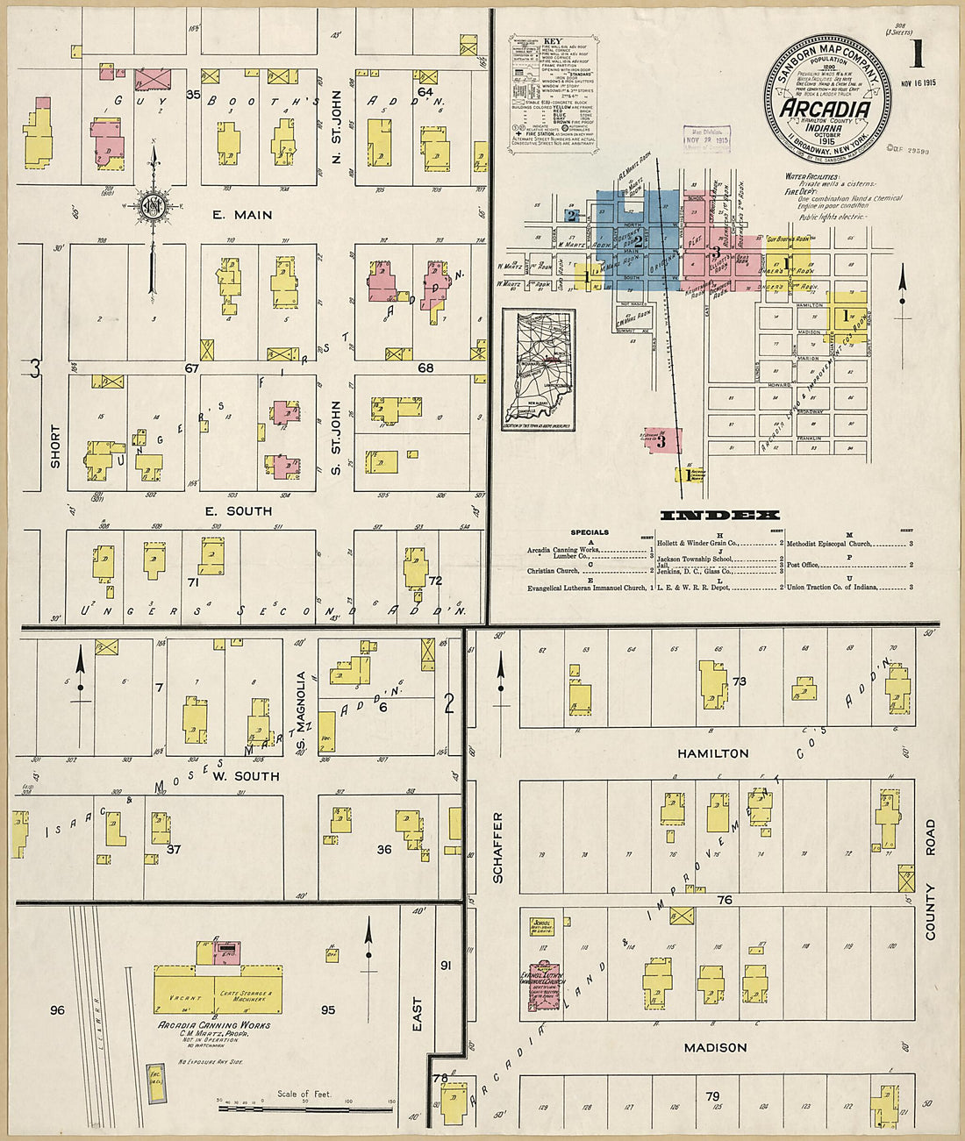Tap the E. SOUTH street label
pyautogui.click(x=238, y=511)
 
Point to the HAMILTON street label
pyautogui.click(x=713, y=753)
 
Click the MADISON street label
pyautogui.click(x=716, y=1048)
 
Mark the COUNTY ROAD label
pyautogui.click(x=930, y=880)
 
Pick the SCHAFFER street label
pyautogui.click(x=498, y=847)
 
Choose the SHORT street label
pyautogui.click(x=55, y=446)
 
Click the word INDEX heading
pyautogui.click(x=719, y=516)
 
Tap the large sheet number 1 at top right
pyautogui.click(x=917, y=54)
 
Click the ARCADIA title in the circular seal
pyautogui.click(x=826, y=109)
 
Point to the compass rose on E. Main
pyautogui.click(x=153, y=207)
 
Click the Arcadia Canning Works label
pyautogui.click(x=214, y=1025)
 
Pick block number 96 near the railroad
pyautogui.click(x=57, y=1010)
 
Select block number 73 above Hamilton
pyautogui.click(x=739, y=681)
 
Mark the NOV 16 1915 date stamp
pyautogui.click(x=918, y=84)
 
